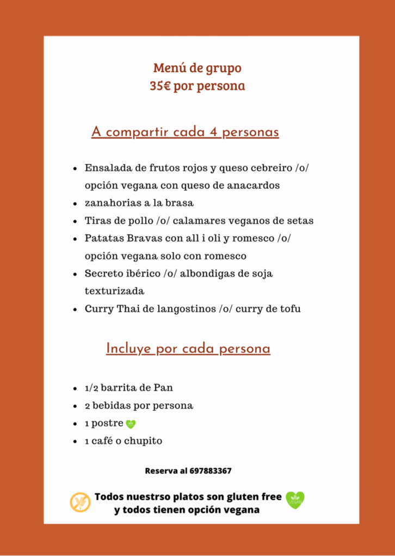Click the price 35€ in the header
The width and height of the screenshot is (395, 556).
[x=161, y=86]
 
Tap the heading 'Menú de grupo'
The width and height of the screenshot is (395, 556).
[x=197, y=68]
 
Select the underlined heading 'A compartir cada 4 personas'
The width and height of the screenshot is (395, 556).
[x=185, y=132]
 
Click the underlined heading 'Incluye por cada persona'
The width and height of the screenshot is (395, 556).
[x=188, y=349]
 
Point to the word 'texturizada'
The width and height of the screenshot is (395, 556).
[x=114, y=292]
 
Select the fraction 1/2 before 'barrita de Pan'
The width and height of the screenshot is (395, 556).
[x=91, y=388]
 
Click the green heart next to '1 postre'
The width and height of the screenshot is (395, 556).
[x=131, y=424]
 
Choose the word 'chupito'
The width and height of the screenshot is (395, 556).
[x=144, y=441]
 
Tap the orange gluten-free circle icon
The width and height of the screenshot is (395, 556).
[x=81, y=502]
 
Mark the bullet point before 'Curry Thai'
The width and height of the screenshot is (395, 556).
[x=75, y=309]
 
